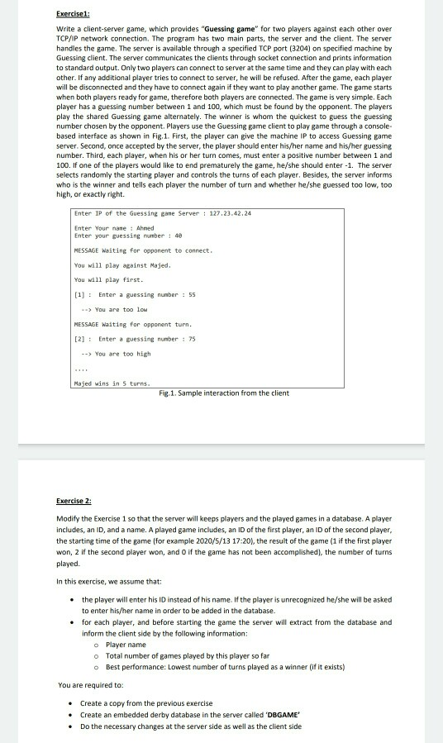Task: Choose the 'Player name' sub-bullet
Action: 126,644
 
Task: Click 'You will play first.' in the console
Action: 107,279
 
